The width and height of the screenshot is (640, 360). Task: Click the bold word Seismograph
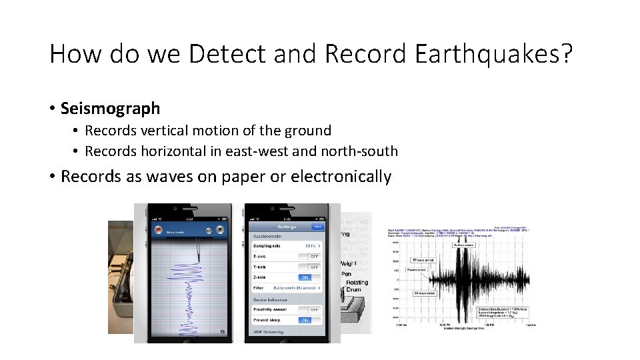click(x=110, y=108)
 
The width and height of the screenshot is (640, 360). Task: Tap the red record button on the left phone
click(x=159, y=230)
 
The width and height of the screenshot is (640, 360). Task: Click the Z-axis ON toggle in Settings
click(x=309, y=277)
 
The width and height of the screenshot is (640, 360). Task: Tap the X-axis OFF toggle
click(x=309, y=256)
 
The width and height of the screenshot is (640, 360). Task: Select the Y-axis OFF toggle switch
click(x=309, y=267)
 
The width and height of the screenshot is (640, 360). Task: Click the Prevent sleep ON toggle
click(x=309, y=320)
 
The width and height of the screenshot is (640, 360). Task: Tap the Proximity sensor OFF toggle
click(x=309, y=309)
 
